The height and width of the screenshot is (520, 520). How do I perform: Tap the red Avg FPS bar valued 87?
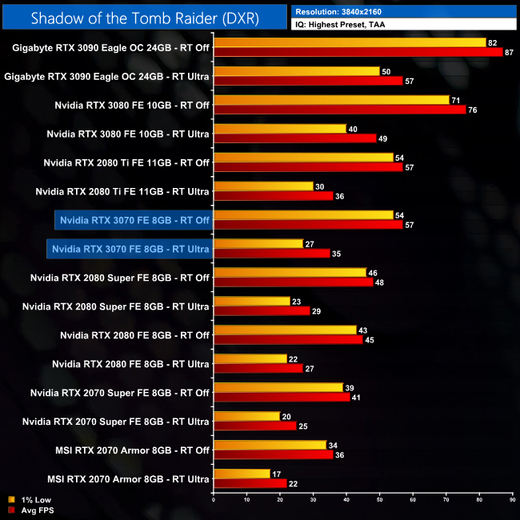[358, 52]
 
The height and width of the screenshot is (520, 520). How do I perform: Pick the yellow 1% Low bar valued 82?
[350, 42]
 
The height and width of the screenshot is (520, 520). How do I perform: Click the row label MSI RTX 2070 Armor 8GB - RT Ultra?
[128, 479]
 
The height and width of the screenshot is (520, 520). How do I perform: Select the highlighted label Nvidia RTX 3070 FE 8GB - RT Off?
[134, 220]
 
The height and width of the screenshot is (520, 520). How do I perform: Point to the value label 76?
[472, 110]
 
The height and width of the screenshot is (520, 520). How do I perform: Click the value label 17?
[275, 474]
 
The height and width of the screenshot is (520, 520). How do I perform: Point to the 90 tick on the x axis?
[511, 500]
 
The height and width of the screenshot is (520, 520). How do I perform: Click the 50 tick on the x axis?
[378, 500]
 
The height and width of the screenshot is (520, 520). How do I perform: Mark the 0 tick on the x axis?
[213, 500]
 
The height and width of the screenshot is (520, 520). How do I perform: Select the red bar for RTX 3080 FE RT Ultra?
[294, 138]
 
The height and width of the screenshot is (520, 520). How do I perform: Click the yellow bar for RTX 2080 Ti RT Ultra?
[262, 186]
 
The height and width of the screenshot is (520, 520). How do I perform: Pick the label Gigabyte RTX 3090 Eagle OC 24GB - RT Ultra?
[107, 76]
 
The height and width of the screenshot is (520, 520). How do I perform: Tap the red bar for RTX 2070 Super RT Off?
[281, 398]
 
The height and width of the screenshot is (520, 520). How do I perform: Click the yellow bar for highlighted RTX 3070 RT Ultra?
[258, 244]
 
